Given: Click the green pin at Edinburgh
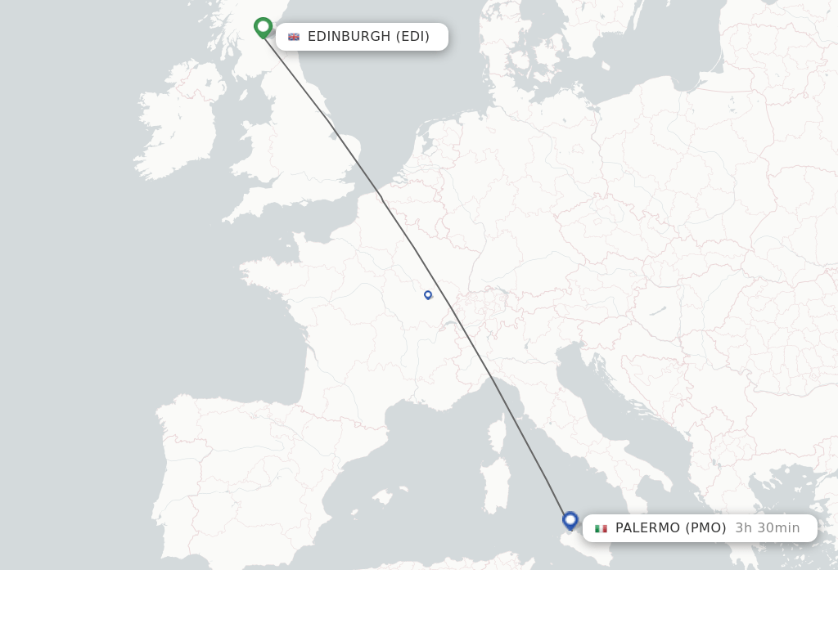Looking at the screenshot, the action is tap(263, 27).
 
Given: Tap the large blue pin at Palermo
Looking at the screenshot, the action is tap(570, 520).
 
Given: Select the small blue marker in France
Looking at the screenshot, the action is tap(428, 294).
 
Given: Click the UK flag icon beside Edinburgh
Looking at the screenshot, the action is tap(294, 37).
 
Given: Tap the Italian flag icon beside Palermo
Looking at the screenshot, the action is tap(601, 528).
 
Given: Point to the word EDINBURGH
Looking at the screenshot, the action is tap(349, 37).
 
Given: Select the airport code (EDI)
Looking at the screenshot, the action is tap(413, 37).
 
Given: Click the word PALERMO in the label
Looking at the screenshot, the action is tap(648, 528).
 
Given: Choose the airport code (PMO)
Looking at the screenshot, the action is tap(705, 528).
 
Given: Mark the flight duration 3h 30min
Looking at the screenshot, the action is tap(768, 528).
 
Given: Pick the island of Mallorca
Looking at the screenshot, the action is tap(382, 497).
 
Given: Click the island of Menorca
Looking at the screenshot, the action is tap(403, 490).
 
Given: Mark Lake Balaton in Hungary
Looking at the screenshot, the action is tap(657, 311).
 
